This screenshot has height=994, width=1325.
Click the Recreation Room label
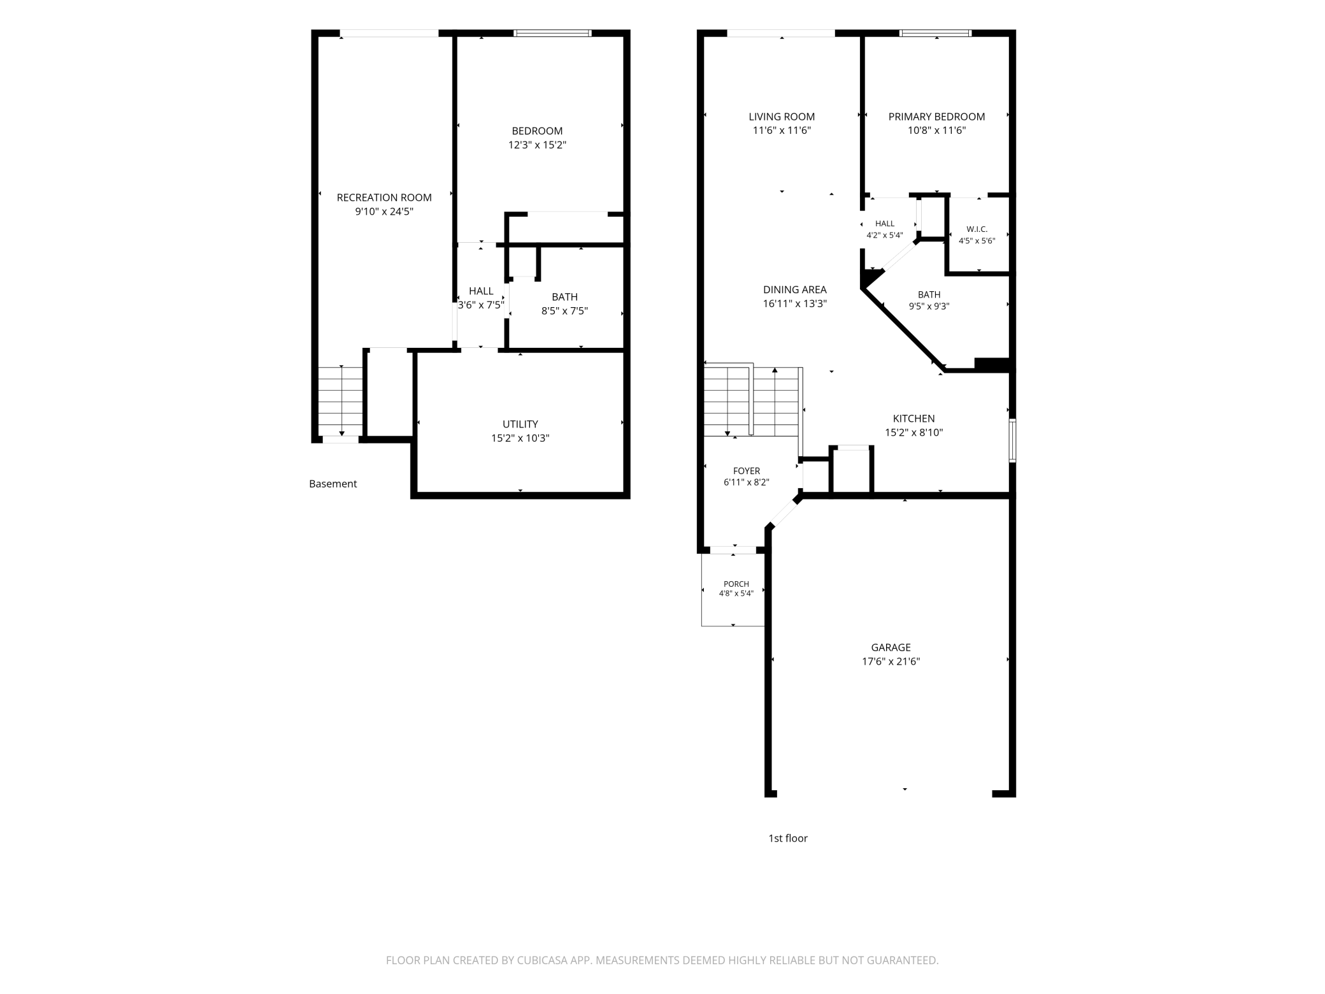pyautogui.click(x=384, y=198)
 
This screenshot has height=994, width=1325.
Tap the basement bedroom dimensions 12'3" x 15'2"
pyautogui.click(x=537, y=145)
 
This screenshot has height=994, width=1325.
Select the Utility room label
pyautogui.click(x=520, y=424)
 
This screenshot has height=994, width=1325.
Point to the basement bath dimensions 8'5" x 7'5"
pyautogui.click(x=564, y=311)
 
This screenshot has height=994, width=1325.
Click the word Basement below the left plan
pyautogui.click(x=333, y=484)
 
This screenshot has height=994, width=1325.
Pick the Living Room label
pyautogui.click(x=782, y=117)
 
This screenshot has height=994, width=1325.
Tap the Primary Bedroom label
pyautogui.click(x=936, y=117)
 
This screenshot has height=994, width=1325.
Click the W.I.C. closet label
pyautogui.click(x=977, y=229)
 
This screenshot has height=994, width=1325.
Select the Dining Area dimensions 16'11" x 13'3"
pyautogui.click(x=795, y=304)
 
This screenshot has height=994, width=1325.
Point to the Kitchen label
pyautogui.click(x=914, y=419)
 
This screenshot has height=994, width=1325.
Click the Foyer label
pyautogui.click(x=747, y=472)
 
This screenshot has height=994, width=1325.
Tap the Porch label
pyautogui.click(x=736, y=584)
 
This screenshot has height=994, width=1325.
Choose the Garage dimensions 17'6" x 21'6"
pyautogui.click(x=891, y=661)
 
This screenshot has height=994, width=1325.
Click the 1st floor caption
pyautogui.click(x=788, y=839)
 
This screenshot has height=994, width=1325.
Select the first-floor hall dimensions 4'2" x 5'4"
pyautogui.click(x=885, y=235)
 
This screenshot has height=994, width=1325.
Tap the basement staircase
pyautogui.click(x=341, y=401)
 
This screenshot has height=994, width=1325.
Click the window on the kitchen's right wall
pyautogui.click(x=1012, y=440)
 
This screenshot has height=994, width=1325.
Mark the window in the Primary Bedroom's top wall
pyautogui.click(x=936, y=33)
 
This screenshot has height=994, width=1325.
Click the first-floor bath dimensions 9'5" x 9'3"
pyautogui.click(x=929, y=306)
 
